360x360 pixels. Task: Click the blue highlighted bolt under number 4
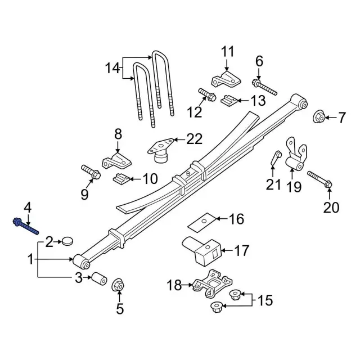coord(25,226)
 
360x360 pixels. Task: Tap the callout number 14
coord(112,69)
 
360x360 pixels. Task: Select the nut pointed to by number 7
coord(317,116)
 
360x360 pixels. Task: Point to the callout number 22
coord(193,138)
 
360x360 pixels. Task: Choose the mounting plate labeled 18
coord(209,283)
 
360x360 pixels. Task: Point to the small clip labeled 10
coord(120,179)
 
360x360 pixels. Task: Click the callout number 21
coord(273,183)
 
